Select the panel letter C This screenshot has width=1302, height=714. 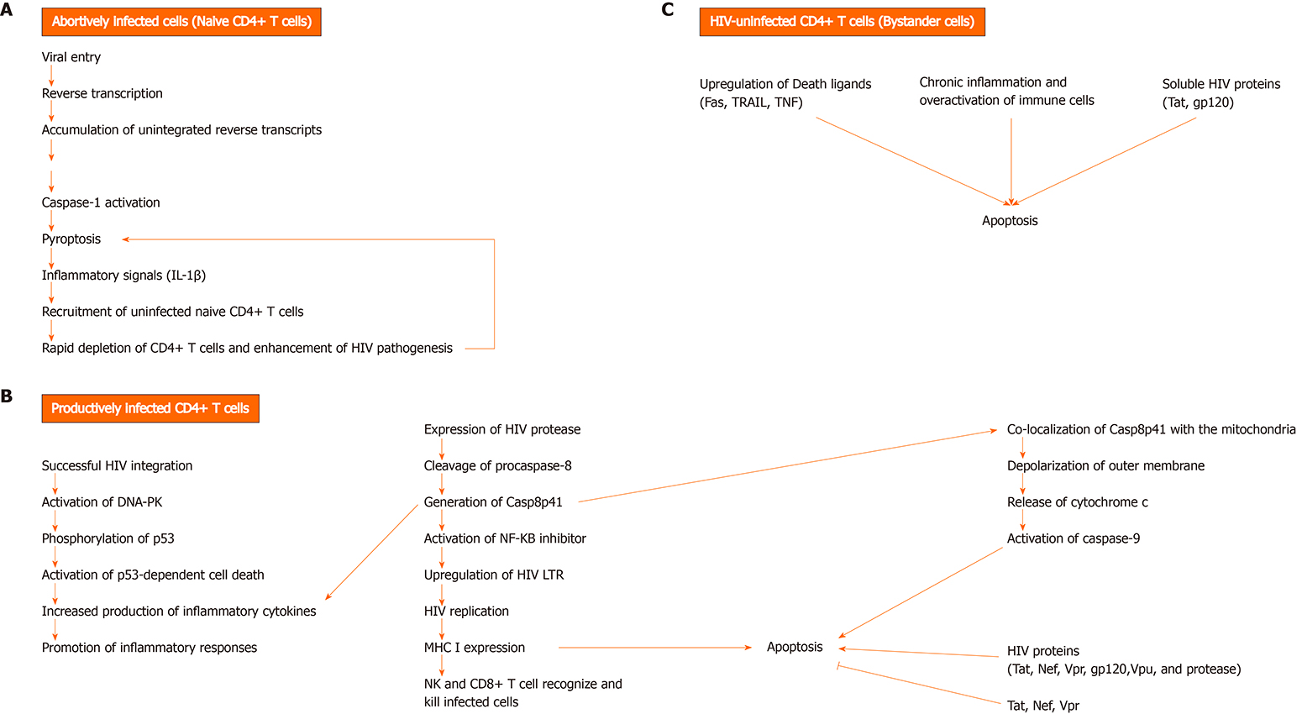(x=668, y=10)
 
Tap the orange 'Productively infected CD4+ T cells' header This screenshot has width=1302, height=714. (x=150, y=408)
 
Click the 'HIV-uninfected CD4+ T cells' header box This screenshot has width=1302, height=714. (x=842, y=22)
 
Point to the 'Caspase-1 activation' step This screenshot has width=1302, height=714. (x=101, y=202)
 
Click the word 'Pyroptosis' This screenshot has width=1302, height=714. (x=71, y=239)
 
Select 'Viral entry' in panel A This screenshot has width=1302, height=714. (x=71, y=57)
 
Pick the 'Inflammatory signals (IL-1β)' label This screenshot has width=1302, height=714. (x=123, y=276)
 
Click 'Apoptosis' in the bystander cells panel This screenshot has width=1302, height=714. (x=1010, y=221)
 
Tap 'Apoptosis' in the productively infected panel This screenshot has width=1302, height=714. (x=795, y=647)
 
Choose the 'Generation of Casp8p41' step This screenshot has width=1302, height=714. (x=493, y=502)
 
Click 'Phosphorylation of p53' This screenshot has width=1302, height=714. (x=108, y=538)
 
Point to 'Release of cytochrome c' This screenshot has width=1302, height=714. (x=1077, y=502)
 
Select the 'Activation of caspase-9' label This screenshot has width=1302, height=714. (x=1074, y=538)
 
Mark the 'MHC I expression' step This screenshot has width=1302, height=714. (x=475, y=648)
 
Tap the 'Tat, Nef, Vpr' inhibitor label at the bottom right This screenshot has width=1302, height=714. (x=1043, y=706)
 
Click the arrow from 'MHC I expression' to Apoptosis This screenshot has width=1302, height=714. (x=655, y=648)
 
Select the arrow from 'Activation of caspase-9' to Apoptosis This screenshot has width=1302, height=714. (x=921, y=593)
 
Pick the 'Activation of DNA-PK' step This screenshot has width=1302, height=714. (x=102, y=502)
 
